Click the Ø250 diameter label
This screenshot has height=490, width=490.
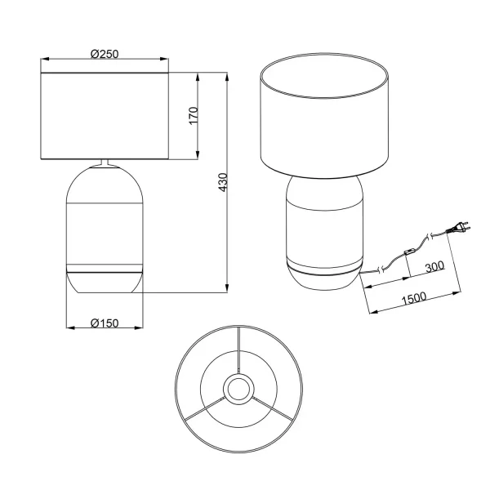coord(105,53)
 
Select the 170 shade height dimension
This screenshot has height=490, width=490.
coord(193,115)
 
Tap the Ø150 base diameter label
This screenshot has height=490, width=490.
coord(105,323)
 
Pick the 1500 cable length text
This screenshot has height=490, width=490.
coord(414,299)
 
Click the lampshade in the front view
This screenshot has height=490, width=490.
coord(105,115)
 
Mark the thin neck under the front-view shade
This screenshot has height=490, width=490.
coord(105,163)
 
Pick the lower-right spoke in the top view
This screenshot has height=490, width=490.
coord(272,408)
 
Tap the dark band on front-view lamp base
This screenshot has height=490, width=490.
coord(105,268)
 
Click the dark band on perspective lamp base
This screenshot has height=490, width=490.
coord(324,269)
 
